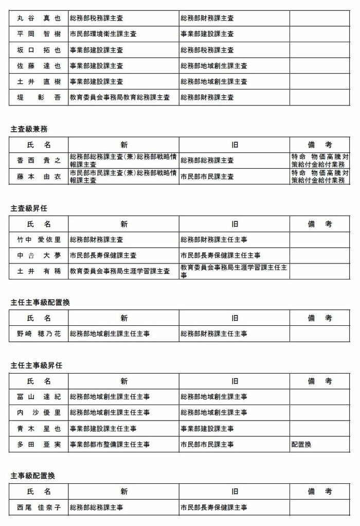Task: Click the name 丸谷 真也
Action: (x=39, y=18)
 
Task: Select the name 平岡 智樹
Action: (x=39, y=34)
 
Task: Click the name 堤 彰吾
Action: (x=39, y=97)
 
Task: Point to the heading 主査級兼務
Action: (x=29, y=129)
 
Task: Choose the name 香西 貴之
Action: (x=39, y=161)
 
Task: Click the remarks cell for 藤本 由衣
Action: (x=319, y=177)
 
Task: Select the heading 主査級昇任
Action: (x=29, y=208)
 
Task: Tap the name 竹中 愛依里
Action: (x=39, y=240)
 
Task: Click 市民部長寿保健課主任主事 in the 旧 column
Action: (x=220, y=255)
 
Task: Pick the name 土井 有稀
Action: (x=39, y=271)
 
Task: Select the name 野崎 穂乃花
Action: (x=39, y=334)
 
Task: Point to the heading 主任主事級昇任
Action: (x=36, y=365)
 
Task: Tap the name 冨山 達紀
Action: (x=39, y=397)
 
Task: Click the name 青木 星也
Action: (x=39, y=429)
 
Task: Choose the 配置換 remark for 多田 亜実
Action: (x=301, y=444)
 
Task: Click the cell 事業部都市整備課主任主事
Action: (x=110, y=444)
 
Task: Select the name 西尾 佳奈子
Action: (x=39, y=507)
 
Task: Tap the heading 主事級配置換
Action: (x=32, y=476)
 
